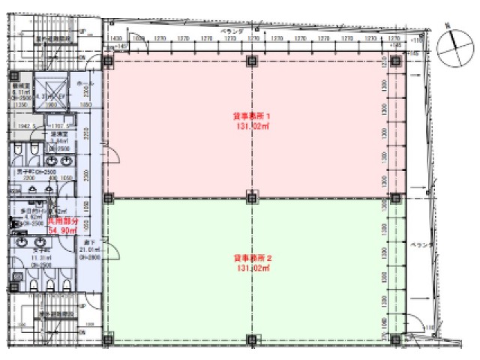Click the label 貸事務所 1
point(250,116)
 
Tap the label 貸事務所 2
point(250,257)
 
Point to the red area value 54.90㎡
point(63,232)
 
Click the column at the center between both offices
point(251,198)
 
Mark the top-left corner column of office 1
point(108,61)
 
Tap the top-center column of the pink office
point(251,61)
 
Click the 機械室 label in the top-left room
point(20,87)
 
